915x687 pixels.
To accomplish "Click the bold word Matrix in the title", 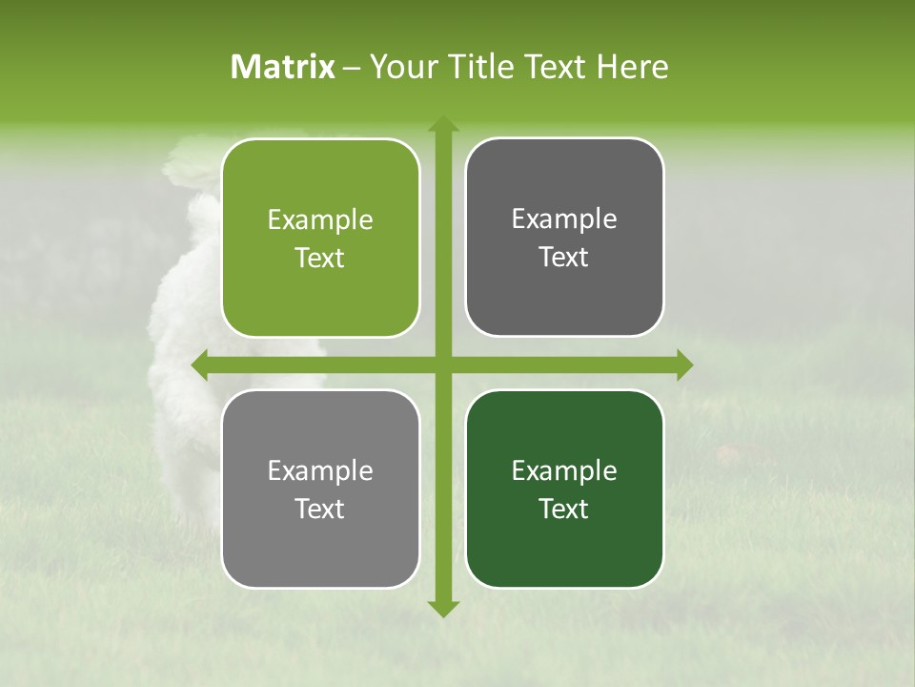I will coord(283,67).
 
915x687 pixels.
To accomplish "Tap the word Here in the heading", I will coord(633,67).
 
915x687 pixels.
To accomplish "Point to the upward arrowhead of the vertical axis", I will coord(442,125).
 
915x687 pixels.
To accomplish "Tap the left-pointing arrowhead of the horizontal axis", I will coord(201,364).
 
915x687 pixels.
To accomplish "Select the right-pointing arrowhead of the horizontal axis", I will coord(683,364).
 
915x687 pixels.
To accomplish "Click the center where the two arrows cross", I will coord(442,364).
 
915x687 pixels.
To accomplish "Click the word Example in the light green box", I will coord(320,220).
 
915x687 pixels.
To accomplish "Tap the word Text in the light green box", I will coord(320,258).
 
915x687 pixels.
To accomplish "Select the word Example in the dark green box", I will coord(564,470).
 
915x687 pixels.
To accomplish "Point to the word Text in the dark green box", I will coord(564,509).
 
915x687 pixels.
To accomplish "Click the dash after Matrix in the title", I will coord(352,68).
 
